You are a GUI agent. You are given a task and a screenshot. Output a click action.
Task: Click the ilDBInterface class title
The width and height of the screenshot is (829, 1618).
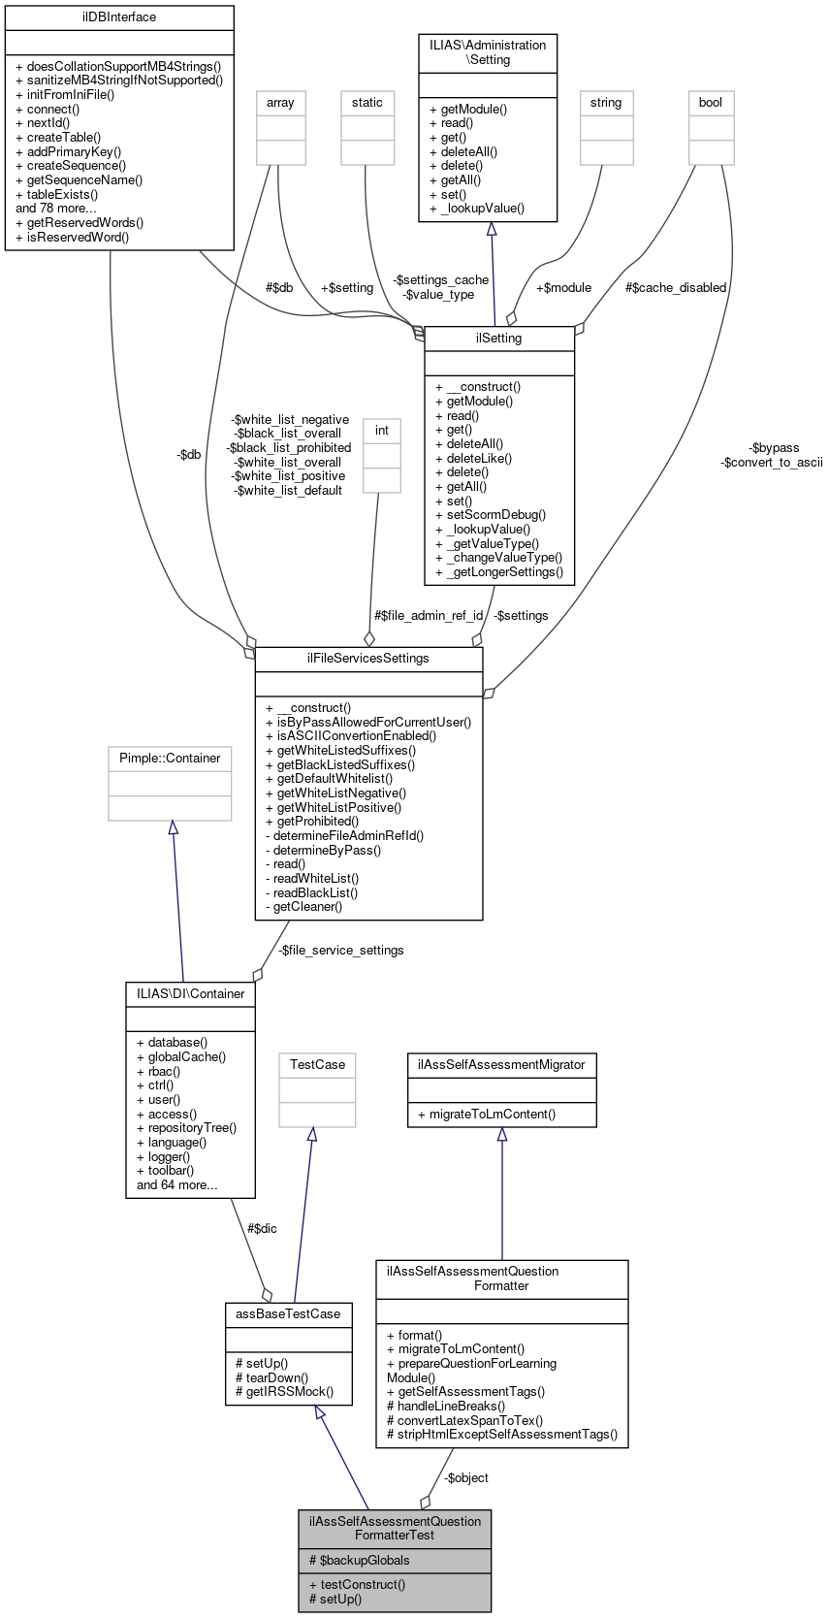119,16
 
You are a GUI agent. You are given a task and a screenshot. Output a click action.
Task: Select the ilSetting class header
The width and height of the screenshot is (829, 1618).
499,338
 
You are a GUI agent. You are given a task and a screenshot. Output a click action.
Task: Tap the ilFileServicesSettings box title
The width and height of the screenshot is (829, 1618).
367,658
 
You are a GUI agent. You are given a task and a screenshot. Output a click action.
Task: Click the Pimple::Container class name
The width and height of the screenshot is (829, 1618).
170,758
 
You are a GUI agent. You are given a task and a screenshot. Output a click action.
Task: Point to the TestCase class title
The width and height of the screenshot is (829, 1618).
317,1064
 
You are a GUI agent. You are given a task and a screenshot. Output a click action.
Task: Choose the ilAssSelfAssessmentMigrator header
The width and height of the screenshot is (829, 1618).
501,1064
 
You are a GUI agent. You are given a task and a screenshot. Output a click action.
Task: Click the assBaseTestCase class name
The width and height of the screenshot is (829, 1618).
288,1313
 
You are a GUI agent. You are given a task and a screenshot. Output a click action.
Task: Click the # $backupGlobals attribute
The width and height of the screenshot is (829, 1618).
359,1560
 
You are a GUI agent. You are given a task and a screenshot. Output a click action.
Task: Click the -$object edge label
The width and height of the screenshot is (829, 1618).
465,1477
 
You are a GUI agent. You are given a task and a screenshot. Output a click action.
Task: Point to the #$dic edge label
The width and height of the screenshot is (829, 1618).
262,1228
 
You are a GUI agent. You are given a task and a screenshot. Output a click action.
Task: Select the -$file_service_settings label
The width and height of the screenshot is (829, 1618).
340,950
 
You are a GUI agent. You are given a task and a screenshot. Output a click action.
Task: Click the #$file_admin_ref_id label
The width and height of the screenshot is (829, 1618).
428,615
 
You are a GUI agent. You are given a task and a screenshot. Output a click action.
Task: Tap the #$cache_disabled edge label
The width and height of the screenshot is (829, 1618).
676,287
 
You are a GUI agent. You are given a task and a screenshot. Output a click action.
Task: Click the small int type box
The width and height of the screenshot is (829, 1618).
381,430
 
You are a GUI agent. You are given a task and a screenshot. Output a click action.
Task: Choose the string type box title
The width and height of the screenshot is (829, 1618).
606,102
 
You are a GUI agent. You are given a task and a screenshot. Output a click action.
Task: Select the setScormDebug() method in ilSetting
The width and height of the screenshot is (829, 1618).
491,515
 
